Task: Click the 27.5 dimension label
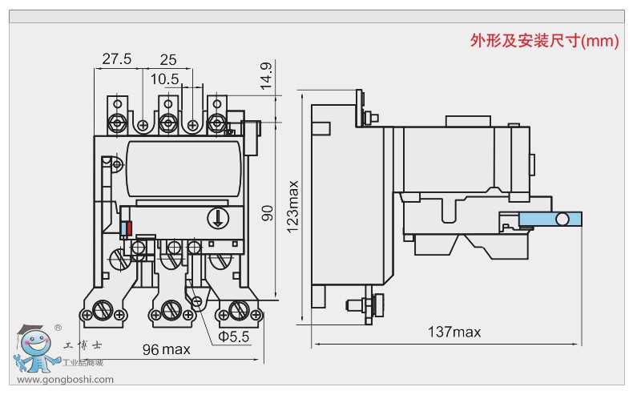[x=117, y=59]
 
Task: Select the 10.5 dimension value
[x=164, y=79]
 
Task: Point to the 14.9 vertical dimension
[x=266, y=75]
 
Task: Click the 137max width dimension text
[x=454, y=332]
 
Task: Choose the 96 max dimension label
[x=166, y=349]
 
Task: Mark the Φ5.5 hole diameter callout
[x=235, y=337]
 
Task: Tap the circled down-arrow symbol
[x=218, y=217]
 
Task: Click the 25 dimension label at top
[x=168, y=59]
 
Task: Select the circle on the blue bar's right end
[x=564, y=220]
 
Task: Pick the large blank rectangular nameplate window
[x=183, y=167]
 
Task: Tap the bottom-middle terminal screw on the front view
[x=170, y=308]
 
